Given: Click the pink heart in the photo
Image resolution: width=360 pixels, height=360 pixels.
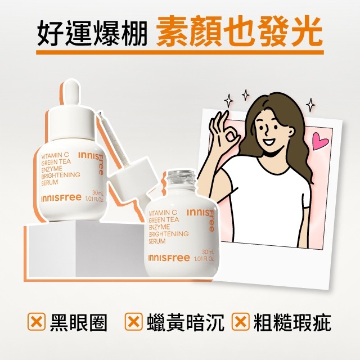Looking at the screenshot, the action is [x=320, y=141].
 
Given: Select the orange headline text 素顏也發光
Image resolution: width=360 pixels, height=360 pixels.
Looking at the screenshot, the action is [x=240, y=31].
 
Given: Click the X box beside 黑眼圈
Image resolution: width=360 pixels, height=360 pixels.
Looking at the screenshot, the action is [x=36, y=321].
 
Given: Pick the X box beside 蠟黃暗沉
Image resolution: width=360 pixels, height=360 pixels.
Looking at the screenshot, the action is [x=133, y=321].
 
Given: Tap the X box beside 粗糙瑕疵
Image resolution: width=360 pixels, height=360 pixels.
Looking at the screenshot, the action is [x=240, y=321].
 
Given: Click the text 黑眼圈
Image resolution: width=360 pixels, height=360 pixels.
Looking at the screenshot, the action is [x=79, y=322].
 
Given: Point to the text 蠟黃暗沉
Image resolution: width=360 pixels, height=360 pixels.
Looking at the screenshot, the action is [x=185, y=322].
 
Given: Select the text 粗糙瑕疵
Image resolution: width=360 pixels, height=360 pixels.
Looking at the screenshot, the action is [x=292, y=322].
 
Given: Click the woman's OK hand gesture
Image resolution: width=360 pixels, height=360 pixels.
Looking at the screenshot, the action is [x=224, y=132].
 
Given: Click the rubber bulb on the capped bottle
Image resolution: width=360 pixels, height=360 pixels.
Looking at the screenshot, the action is [x=69, y=92].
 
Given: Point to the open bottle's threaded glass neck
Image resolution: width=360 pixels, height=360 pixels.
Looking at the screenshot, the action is [x=181, y=178].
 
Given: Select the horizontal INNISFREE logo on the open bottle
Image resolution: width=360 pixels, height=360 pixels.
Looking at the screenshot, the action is [x=169, y=258].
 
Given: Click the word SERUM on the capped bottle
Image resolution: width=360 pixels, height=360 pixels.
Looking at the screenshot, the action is [x=49, y=183].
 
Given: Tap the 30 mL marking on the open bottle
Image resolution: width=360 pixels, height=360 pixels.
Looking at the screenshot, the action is [x=208, y=252].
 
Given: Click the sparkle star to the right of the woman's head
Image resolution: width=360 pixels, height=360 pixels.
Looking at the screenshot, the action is [x=310, y=105].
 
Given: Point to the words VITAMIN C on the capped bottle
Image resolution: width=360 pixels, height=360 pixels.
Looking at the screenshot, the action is [x=55, y=156].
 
